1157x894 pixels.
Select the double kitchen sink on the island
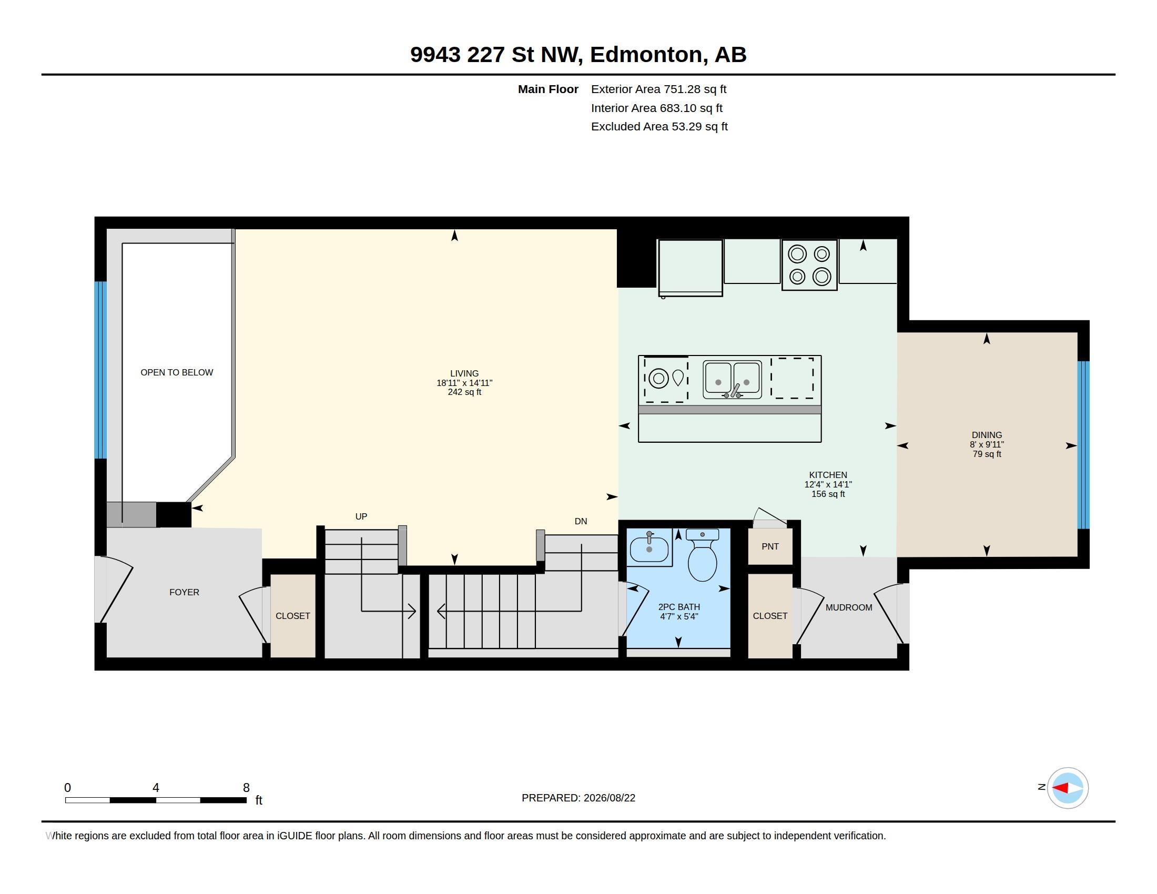coord(732,380)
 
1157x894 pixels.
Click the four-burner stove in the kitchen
coord(809,265)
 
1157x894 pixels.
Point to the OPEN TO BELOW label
coord(177,372)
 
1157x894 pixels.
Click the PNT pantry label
coord(770,546)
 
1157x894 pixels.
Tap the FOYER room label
coord(185,592)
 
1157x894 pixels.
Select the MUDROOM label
coord(849,607)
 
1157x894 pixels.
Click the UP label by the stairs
coord(361,516)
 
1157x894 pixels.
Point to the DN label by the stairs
coord(581,521)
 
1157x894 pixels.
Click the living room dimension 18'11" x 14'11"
coord(464,383)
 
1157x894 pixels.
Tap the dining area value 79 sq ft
coord(987,454)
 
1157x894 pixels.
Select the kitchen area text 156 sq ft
coord(828,494)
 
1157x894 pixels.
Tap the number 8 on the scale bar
coord(246,788)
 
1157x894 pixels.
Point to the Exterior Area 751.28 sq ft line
coord(658,89)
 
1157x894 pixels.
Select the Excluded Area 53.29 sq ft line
coord(659,127)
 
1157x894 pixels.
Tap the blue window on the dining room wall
coord(1083,445)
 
